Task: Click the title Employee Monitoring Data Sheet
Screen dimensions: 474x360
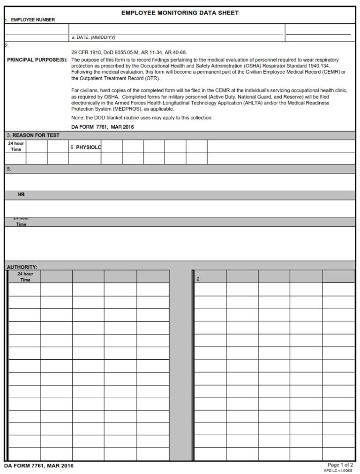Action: (180, 13)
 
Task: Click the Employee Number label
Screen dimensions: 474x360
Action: (32, 20)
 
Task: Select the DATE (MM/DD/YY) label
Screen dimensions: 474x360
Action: (93, 37)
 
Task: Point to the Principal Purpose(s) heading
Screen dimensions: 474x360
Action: (37, 60)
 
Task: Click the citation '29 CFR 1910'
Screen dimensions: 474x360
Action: (86, 52)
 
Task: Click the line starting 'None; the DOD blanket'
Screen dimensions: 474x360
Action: (142, 118)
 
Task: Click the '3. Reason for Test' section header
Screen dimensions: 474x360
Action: (33, 135)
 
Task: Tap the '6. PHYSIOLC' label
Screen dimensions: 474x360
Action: (86, 147)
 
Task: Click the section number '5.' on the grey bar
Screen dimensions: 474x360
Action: (9, 169)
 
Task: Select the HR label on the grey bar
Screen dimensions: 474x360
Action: (21, 194)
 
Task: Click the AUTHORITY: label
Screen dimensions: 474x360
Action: (22, 267)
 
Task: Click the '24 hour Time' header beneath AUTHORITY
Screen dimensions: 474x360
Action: (25, 277)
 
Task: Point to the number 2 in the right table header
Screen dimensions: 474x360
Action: (198, 279)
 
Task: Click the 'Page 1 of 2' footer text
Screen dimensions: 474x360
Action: (340, 465)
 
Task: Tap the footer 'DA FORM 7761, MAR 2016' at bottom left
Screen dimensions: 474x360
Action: (38, 466)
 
